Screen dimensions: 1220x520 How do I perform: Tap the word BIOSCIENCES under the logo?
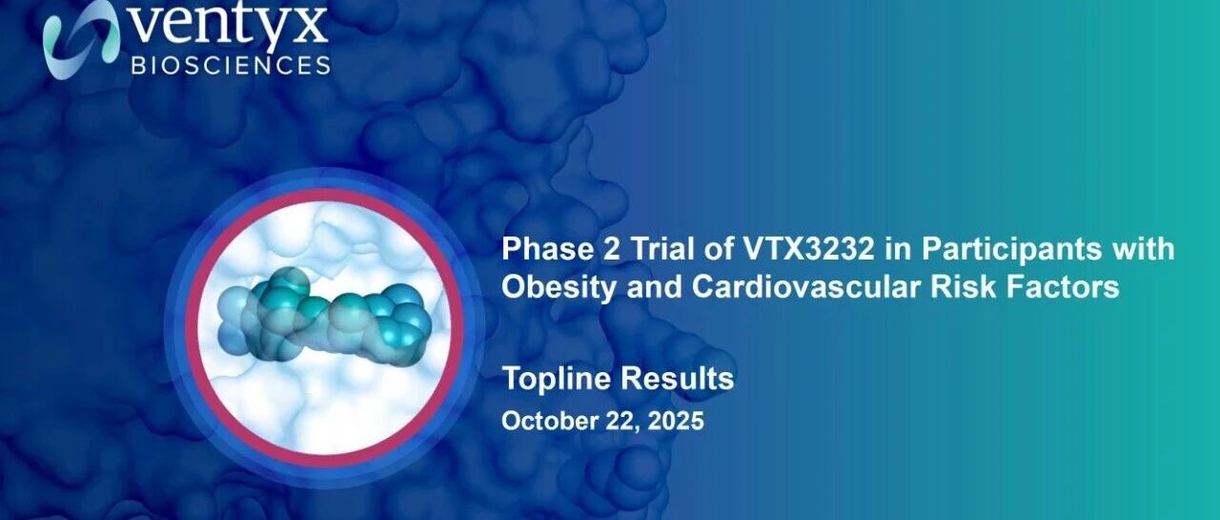[231, 66]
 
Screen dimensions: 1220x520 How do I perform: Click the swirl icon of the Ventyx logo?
[81, 39]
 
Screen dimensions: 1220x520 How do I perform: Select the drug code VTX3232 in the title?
[809, 249]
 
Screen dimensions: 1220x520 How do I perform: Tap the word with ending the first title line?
[1145, 249]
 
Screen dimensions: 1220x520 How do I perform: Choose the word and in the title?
[655, 286]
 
